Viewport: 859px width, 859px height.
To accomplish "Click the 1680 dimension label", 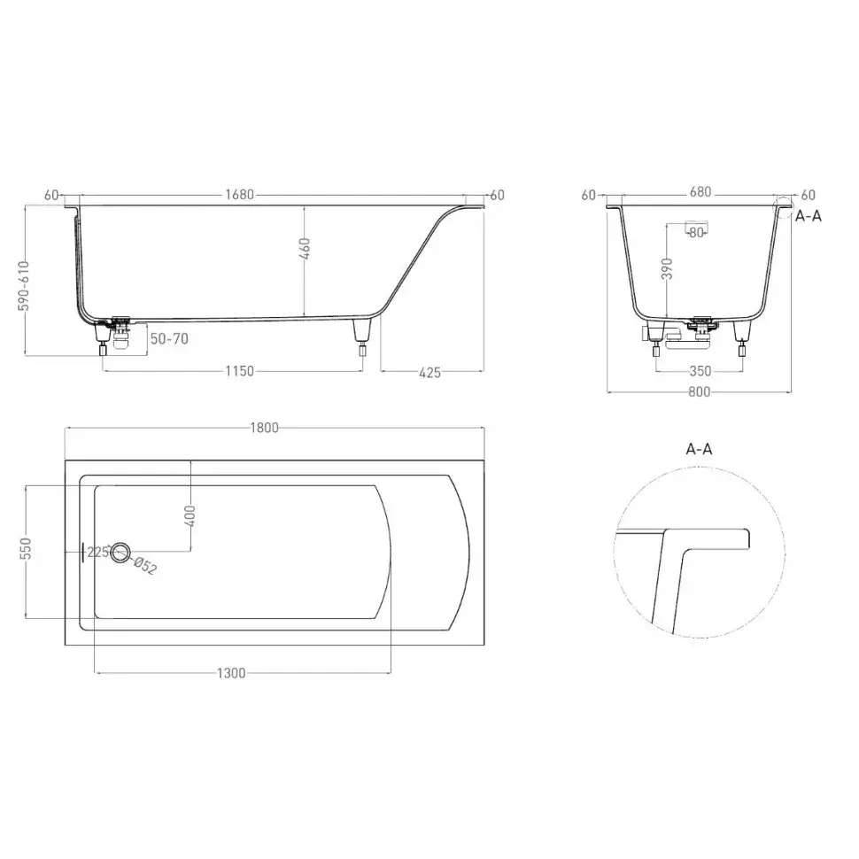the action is coord(239,195).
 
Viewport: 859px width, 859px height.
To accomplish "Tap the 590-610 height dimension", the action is coord(24,285).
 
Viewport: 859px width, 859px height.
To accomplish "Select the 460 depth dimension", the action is coord(306,249).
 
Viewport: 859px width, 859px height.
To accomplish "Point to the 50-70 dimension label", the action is coord(169,338).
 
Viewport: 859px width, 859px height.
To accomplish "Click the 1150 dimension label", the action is coord(239,371).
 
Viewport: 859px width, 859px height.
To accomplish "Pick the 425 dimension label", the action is coord(429,373).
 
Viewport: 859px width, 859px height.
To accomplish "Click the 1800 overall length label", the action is coord(265,428).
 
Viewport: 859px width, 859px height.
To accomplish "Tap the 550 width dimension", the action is coord(26,548).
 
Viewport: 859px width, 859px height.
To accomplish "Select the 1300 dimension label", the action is coord(231,673).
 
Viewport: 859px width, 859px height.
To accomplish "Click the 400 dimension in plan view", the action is coord(190,516).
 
